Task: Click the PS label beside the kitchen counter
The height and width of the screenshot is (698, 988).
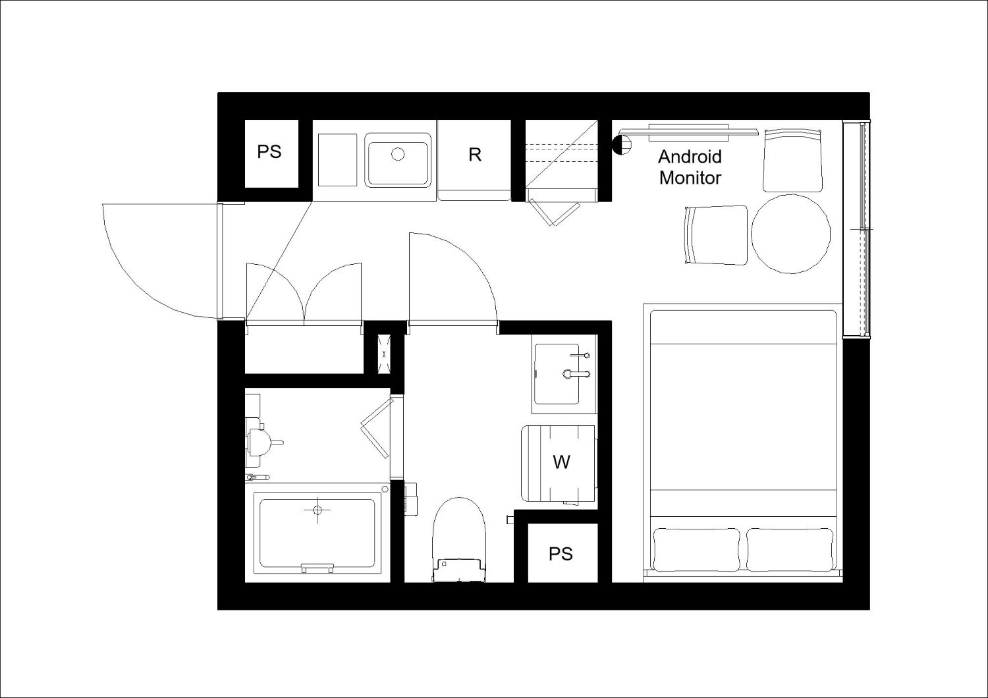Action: point(269,151)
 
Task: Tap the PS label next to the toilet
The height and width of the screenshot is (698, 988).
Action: point(561,554)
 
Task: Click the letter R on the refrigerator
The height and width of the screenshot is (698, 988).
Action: point(475,154)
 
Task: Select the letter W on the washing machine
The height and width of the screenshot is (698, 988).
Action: point(561,462)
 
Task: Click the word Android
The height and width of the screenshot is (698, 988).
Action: point(690,157)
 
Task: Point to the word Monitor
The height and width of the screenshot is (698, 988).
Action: point(690,178)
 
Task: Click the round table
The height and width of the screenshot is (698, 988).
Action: point(791,234)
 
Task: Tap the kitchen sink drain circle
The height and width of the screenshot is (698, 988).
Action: point(398,154)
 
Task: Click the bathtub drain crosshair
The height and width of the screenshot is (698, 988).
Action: point(317,510)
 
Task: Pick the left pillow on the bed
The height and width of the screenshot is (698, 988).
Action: point(696,549)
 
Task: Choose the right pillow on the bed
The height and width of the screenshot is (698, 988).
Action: point(790,549)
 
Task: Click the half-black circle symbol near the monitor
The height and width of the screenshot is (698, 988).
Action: point(622,145)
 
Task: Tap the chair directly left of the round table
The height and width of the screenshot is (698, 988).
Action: point(716,235)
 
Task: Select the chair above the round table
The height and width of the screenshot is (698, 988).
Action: point(793,160)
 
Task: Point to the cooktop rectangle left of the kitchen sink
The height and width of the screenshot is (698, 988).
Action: point(337,160)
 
